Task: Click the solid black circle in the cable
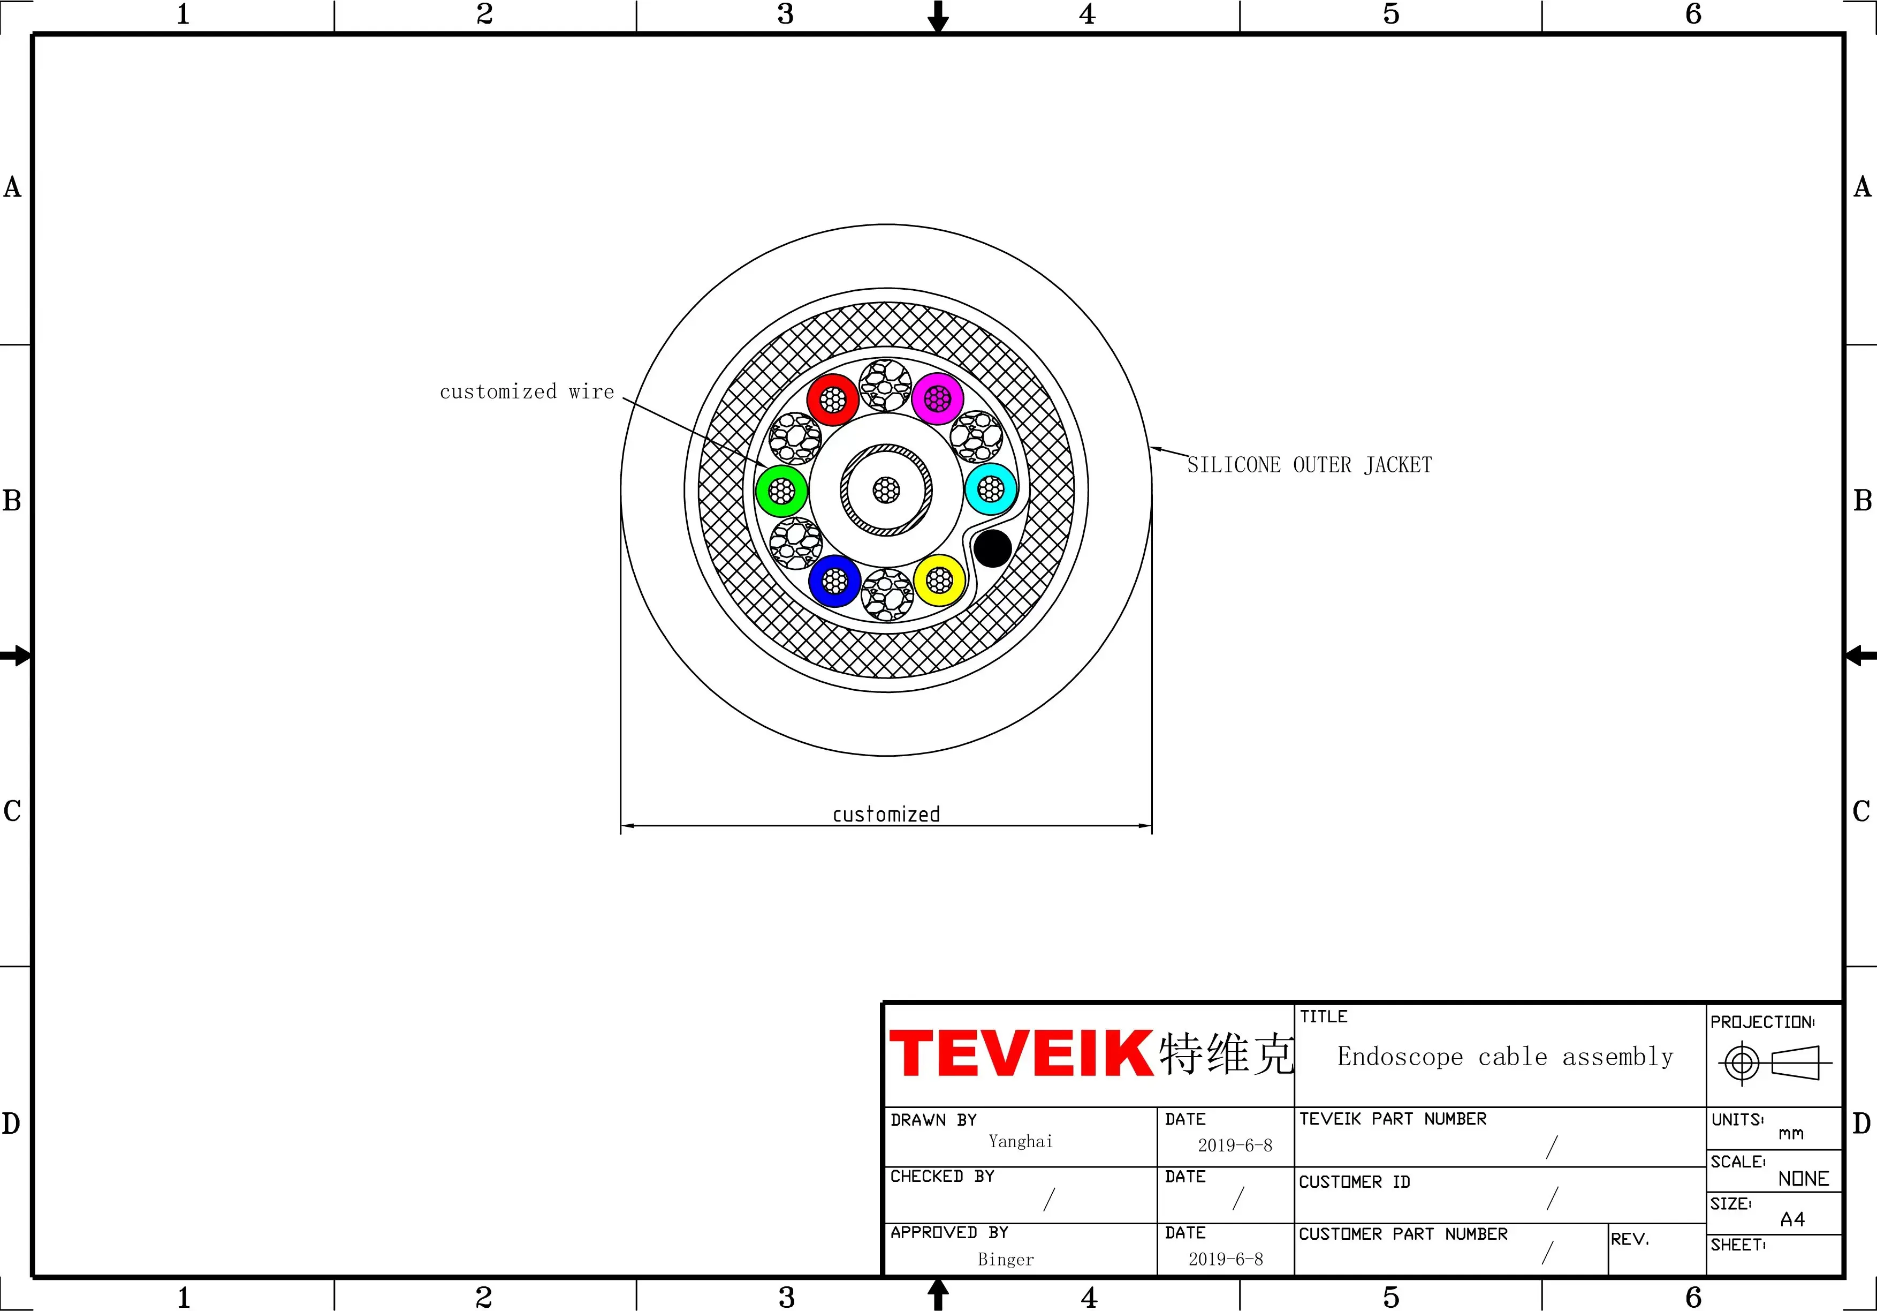[992, 548]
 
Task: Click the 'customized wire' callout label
[527, 391]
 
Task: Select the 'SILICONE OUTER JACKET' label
[1310, 465]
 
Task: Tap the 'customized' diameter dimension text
[886, 815]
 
